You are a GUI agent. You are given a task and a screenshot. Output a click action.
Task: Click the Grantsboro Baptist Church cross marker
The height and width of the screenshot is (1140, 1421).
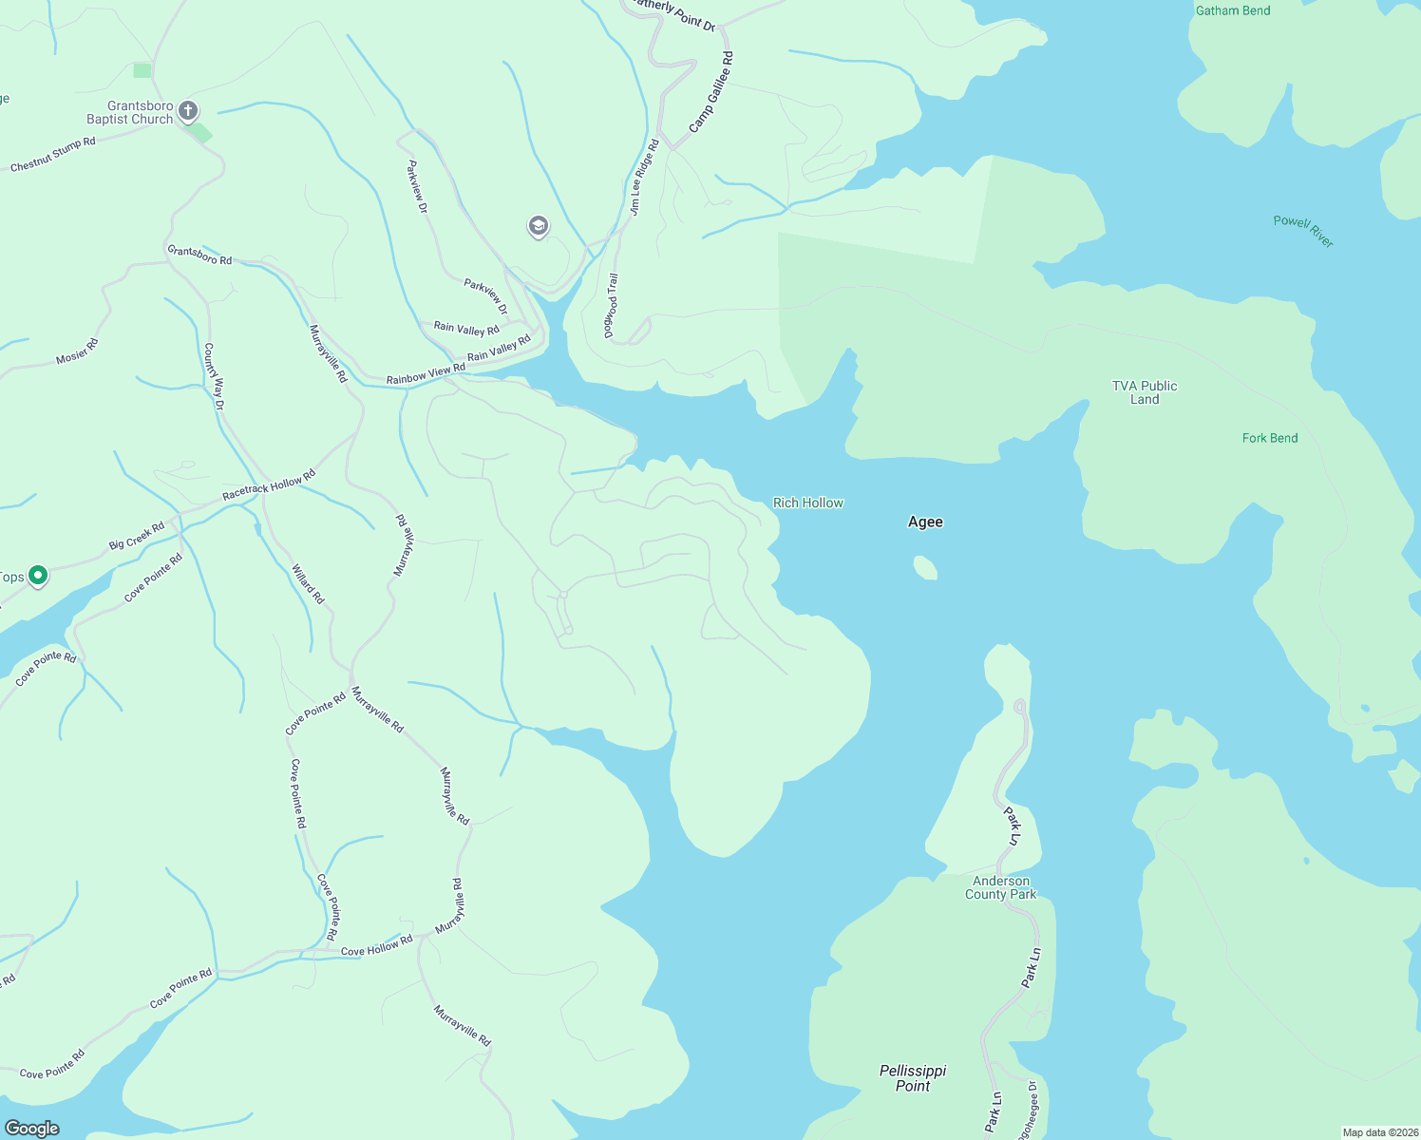point(188,111)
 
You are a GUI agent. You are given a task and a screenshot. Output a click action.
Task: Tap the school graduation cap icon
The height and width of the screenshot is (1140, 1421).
point(539,226)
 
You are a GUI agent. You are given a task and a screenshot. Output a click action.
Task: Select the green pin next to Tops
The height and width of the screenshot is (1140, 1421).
point(37,575)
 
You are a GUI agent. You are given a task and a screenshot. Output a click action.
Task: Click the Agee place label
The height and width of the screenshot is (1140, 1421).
point(925,522)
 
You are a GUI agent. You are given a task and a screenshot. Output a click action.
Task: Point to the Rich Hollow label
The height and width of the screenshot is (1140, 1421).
point(807,503)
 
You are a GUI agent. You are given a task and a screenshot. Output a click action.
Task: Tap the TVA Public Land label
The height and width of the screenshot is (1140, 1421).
point(1144,392)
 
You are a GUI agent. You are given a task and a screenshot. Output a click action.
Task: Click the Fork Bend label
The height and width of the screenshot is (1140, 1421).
point(1269,438)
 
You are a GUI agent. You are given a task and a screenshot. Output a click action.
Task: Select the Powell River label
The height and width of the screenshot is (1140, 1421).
point(1303,231)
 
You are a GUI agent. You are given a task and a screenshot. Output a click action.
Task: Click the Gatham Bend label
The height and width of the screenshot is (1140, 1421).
point(1232,10)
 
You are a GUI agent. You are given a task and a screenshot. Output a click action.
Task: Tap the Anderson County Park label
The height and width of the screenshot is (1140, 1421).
point(1000,887)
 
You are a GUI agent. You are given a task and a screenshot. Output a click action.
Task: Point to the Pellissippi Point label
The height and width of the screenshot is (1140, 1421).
point(912,1077)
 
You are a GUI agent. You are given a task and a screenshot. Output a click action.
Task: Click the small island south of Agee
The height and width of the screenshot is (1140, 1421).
point(925,568)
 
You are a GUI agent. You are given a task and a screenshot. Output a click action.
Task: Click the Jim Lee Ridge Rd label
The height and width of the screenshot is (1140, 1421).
point(644,178)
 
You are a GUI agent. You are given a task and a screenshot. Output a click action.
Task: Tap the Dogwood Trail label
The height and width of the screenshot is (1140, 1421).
point(612,305)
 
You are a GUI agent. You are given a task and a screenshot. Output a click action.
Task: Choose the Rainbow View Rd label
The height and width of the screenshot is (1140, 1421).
point(426,373)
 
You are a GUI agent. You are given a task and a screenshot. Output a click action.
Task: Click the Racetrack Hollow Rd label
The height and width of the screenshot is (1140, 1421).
point(268,485)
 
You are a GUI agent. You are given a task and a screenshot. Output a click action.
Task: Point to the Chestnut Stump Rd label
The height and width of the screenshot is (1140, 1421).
point(52,155)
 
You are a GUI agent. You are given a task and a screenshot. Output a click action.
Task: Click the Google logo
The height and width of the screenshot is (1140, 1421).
point(32,1128)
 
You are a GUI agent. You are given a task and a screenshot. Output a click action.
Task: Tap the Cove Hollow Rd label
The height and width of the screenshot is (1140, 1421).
point(376,945)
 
